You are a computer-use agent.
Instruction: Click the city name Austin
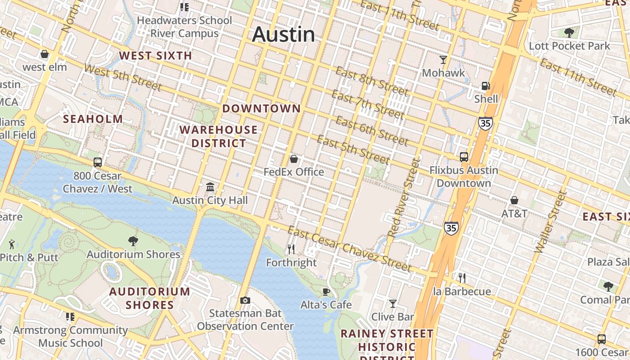click(x=283, y=35)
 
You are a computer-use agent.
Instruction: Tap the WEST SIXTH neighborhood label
click(x=156, y=56)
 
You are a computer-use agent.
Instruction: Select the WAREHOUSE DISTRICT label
click(x=219, y=136)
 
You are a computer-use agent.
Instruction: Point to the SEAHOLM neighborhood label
click(x=93, y=119)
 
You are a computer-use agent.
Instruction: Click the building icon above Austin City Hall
click(x=210, y=187)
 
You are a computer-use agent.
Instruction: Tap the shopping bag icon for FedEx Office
click(x=294, y=159)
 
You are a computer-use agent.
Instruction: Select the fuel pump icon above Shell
click(x=486, y=85)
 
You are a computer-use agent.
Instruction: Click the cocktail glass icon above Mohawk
click(x=443, y=59)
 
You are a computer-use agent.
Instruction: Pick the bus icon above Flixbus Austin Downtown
click(x=464, y=157)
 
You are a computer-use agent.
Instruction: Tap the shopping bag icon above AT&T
click(x=514, y=200)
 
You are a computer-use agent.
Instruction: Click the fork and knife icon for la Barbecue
click(x=462, y=278)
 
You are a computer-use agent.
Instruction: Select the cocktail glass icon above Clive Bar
click(x=393, y=304)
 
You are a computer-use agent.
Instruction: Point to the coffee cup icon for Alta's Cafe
click(x=326, y=292)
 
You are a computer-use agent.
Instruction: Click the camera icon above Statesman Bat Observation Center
click(x=245, y=300)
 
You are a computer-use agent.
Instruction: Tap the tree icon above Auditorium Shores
click(x=133, y=241)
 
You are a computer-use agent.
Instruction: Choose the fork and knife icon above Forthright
click(x=291, y=249)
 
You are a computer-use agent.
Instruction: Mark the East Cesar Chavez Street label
click(x=350, y=249)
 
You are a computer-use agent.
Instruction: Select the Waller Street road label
click(x=549, y=221)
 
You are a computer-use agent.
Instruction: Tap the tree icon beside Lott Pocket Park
click(x=569, y=33)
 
